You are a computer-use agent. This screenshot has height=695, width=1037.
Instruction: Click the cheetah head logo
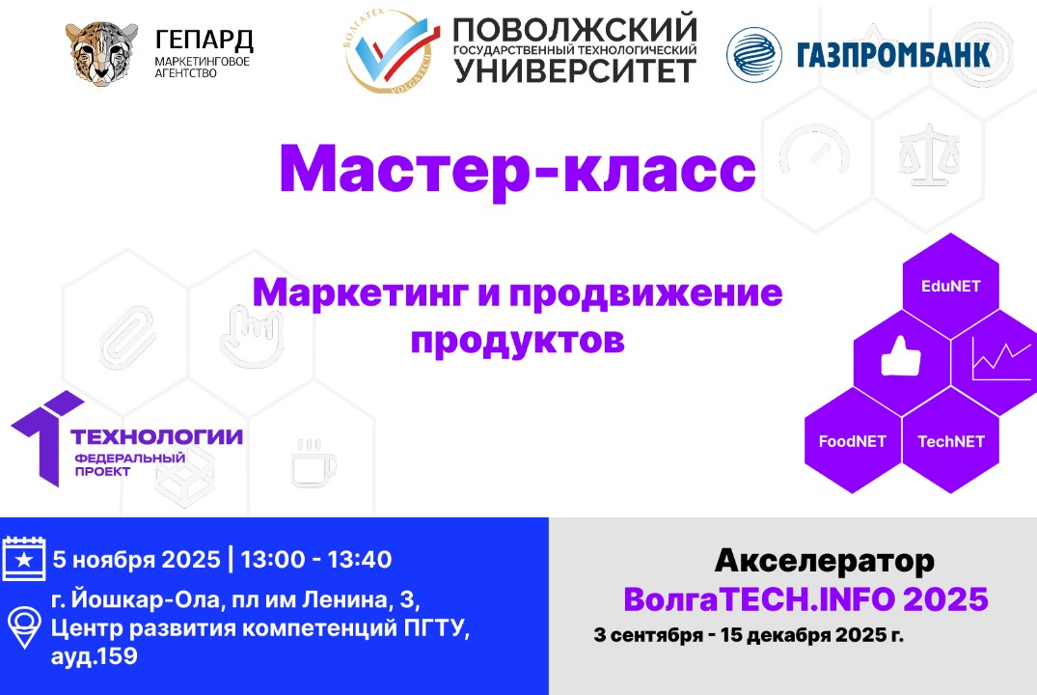coord(101,52)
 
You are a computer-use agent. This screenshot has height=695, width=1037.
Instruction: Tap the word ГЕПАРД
coord(204,41)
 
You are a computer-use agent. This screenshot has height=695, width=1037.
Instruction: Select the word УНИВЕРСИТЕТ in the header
coord(574,70)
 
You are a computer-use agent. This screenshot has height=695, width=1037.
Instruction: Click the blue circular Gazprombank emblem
coord(754,54)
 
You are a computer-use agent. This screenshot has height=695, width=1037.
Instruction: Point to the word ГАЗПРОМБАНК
coord(893,54)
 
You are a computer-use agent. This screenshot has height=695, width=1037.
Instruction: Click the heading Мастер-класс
coord(517,170)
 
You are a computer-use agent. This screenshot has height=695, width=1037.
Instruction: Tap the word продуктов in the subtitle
coord(517,339)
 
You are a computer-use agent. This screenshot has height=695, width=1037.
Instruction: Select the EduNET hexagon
coord(951,286)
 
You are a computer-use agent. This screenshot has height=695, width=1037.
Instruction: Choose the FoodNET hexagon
coord(853,441)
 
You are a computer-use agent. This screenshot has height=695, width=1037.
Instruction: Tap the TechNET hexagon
coord(951,441)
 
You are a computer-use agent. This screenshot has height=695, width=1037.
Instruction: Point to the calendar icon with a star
coord(24,559)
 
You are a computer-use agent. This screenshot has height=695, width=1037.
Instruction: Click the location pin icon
coord(24,627)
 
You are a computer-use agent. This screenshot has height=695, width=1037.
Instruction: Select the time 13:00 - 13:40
coord(315,559)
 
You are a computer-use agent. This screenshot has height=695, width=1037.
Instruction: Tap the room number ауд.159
coord(94,657)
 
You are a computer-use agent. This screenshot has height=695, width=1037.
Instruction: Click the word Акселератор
coord(825,560)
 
